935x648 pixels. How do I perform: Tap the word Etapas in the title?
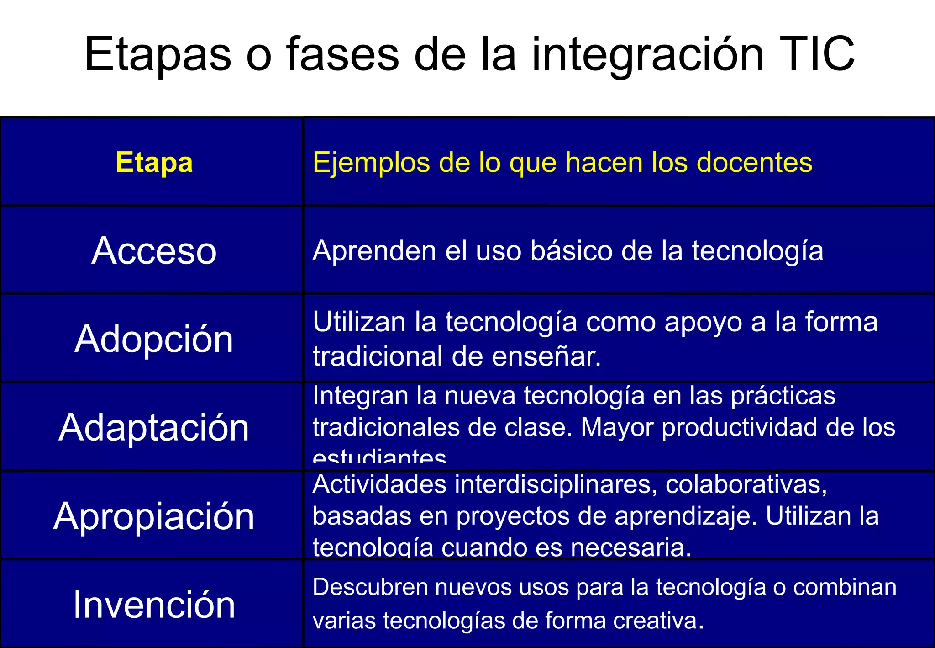pyautogui.click(x=158, y=55)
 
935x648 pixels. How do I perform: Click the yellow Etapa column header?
pyautogui.click(x=154, y=162)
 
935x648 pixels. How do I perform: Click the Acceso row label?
pyautogui.click(x=154, y=251)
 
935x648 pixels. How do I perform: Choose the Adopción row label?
pyautogui.click(x=154, y=339)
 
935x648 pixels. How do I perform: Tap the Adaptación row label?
pyautogui.click(x=154, y=428)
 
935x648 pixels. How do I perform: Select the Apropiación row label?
pyautogui.click(x=154, y=516)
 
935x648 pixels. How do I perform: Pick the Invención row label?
pyautogui.click(x=154, y=605)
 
